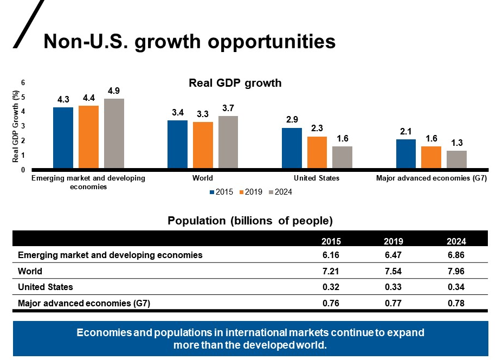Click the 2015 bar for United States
click(292, 149)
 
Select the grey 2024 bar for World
click(228, 143)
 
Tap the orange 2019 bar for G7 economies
click(431, 158)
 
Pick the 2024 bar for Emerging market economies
click(114, 134)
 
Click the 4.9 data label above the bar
click(114, 91)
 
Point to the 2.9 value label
click(292, 120)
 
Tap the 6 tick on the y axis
click(22, 82)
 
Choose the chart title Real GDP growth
click(235, 83)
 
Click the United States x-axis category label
click(317, 178)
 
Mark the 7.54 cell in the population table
click(392, 271)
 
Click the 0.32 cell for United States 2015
click(331, 287)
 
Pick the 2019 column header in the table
click(392, 241)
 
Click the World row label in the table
click(30, 271)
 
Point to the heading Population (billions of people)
click(250, 221)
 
